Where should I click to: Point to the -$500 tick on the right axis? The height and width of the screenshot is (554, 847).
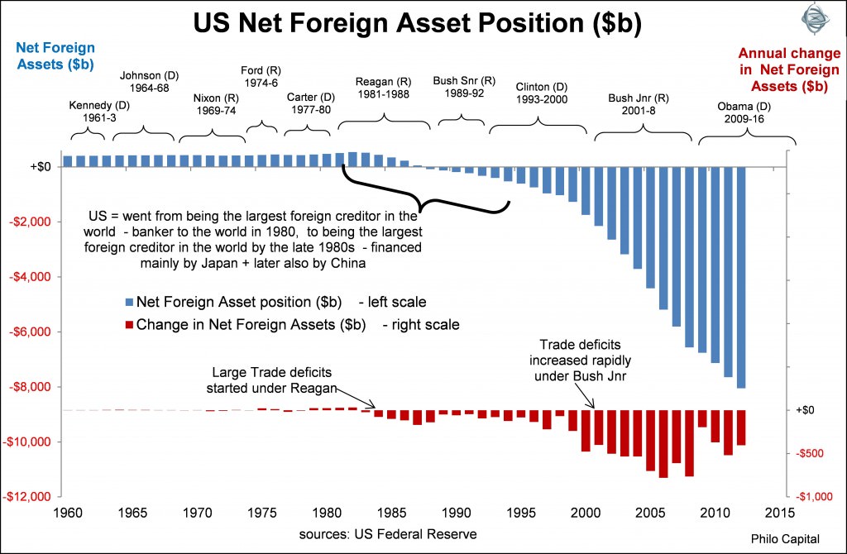tap(811, 453)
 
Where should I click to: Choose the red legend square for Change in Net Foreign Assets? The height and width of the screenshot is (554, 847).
tap(127, 325)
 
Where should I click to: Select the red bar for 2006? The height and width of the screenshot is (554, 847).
tap(663, 443)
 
